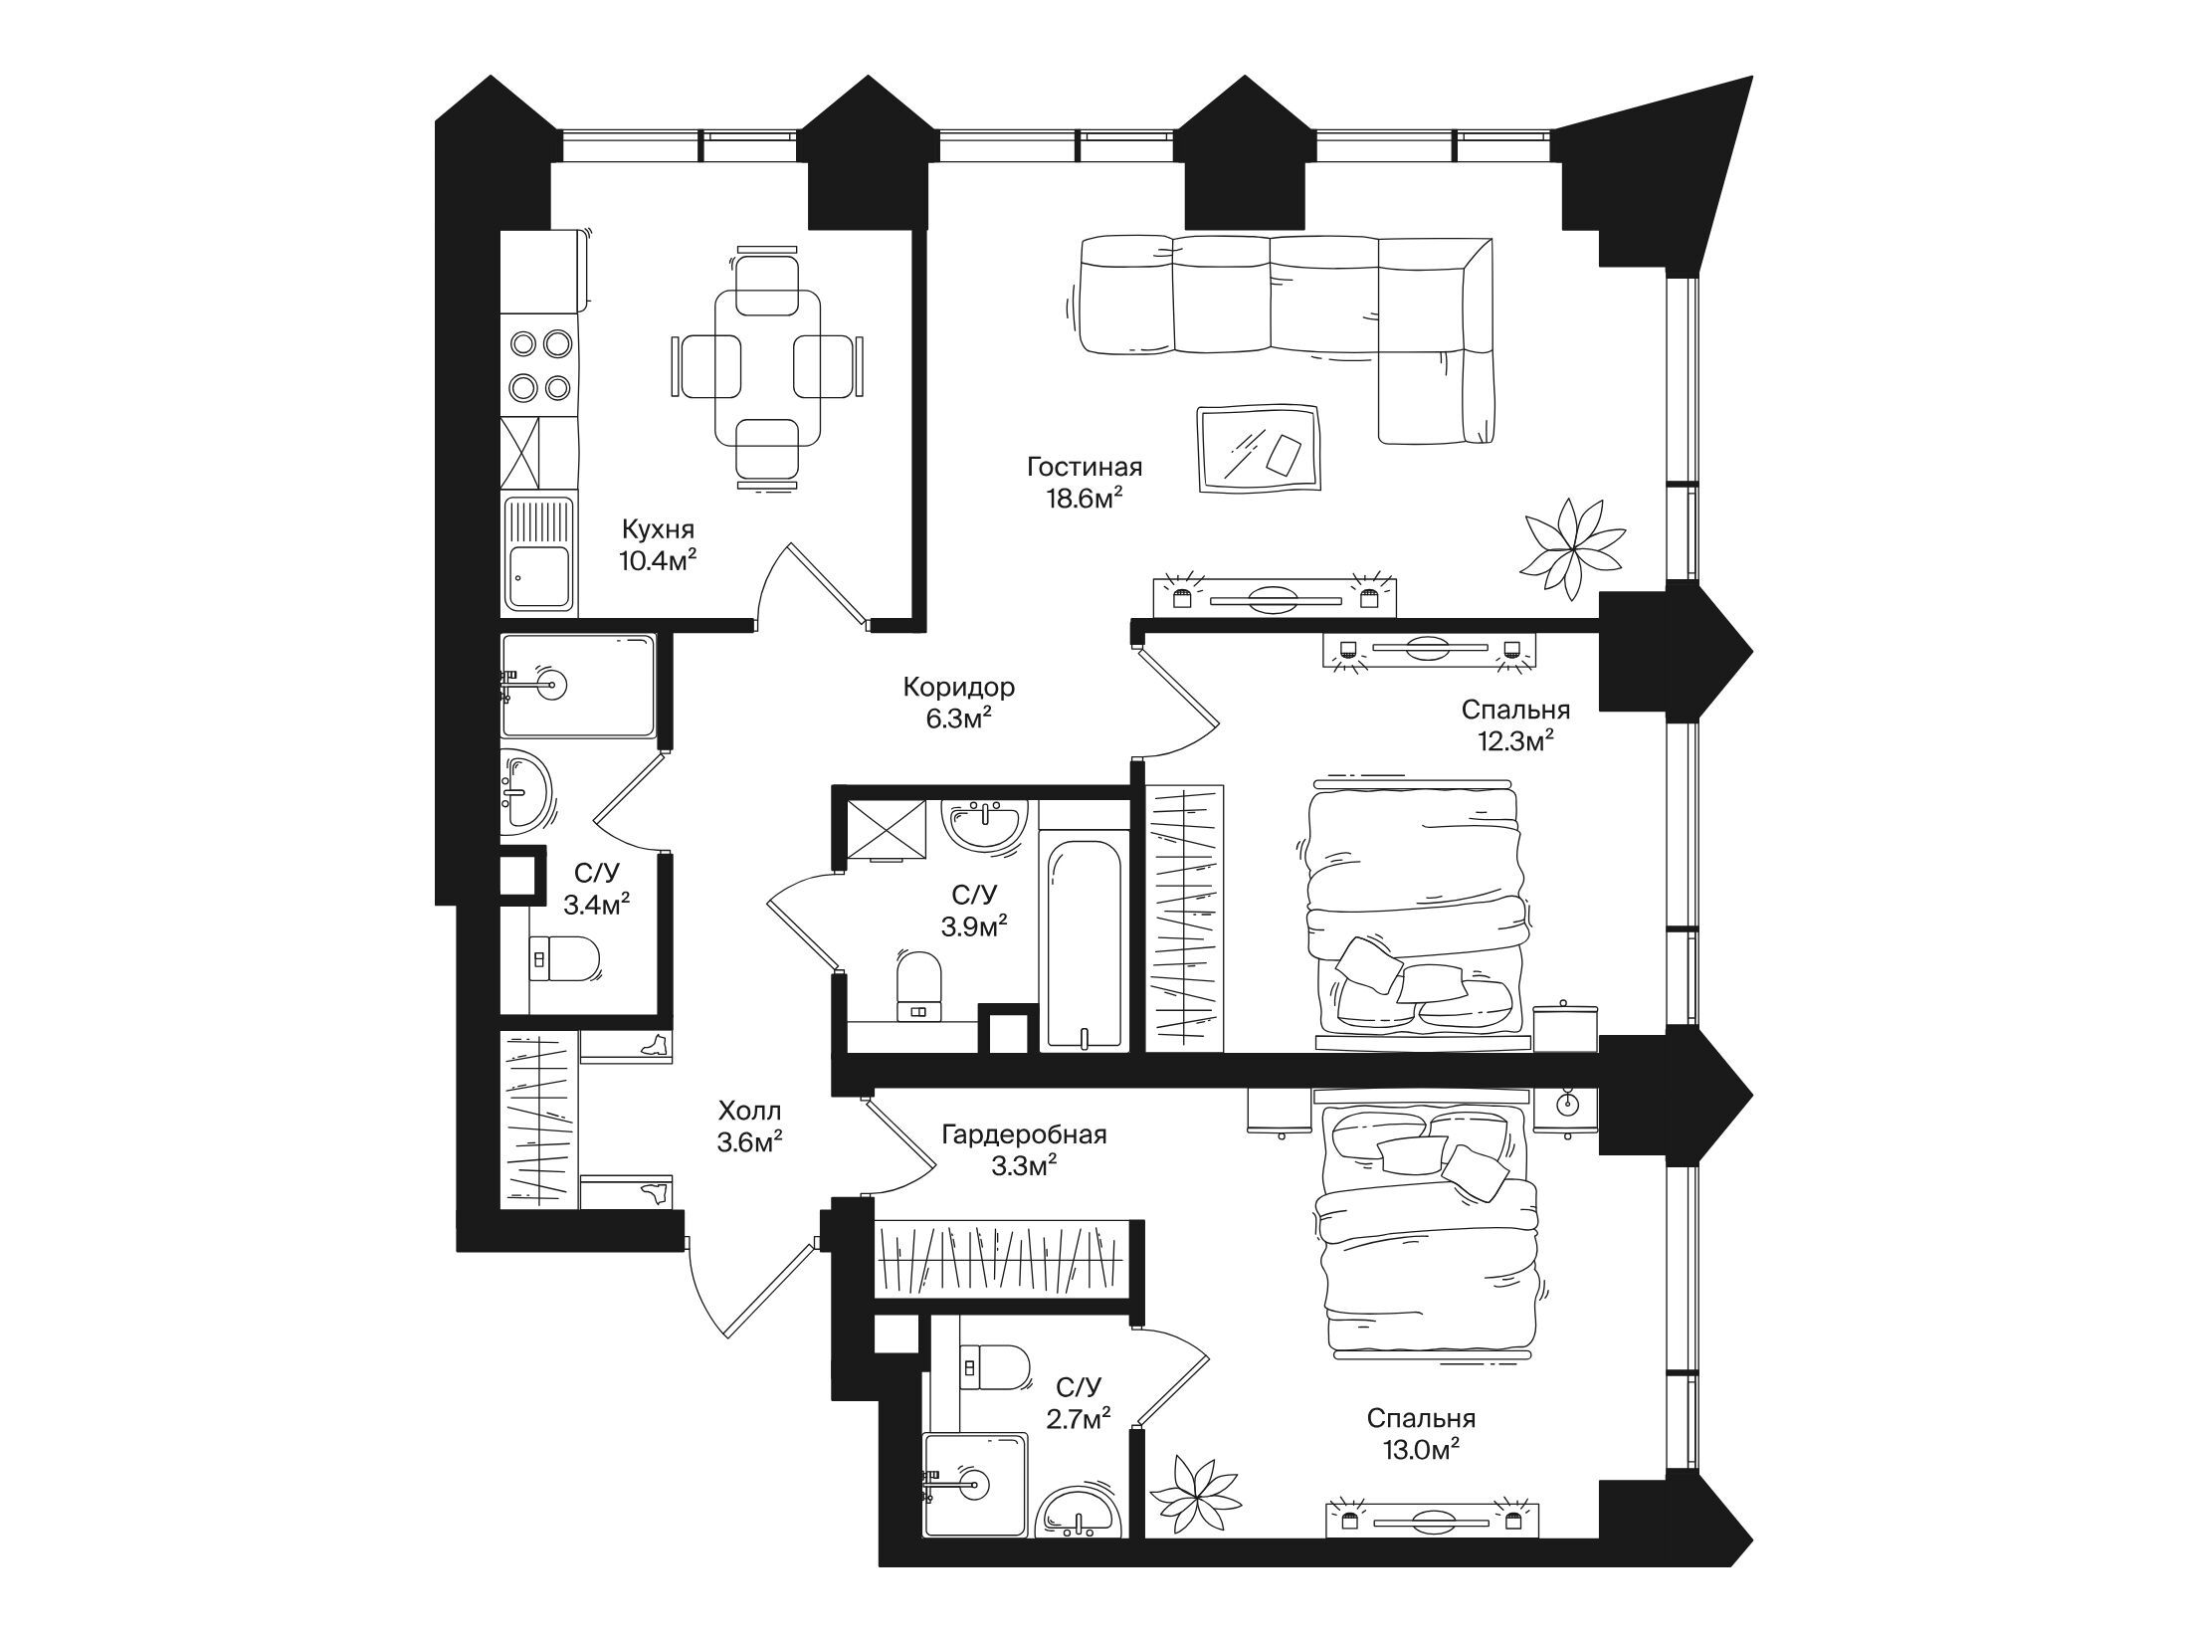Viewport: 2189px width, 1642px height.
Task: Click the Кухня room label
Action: (x=657, y=528)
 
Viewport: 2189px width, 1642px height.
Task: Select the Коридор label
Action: (x=958, y=687)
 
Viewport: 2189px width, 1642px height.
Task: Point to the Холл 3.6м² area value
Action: (x=749, y=1142)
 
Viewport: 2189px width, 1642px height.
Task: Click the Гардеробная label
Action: (x=1024, y=1133)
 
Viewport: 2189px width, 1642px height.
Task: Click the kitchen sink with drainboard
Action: (x=540, y=553)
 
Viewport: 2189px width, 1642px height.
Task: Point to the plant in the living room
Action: (x=1570, y=548)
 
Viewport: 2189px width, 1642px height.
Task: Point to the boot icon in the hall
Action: (x=655, y=1044)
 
